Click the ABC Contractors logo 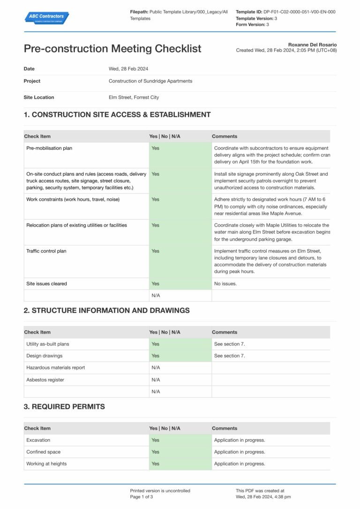click(46, 18)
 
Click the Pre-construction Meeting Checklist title click(112, 49)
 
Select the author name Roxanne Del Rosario click(312, 44)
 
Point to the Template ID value click(299, 12)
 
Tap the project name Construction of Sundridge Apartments click(150, 81)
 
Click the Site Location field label click(39, 97)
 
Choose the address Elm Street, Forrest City click(134, 97)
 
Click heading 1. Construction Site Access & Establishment click(117, 115)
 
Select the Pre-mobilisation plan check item click(49, 148)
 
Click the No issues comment click(225, 284)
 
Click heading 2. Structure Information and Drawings click(106, 310)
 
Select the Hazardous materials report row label click(55, 368)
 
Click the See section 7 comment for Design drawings click(229, 356)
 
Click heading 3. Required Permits click(64, 406)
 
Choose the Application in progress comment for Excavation click(240, 440)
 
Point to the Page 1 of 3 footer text click(142, 497)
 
